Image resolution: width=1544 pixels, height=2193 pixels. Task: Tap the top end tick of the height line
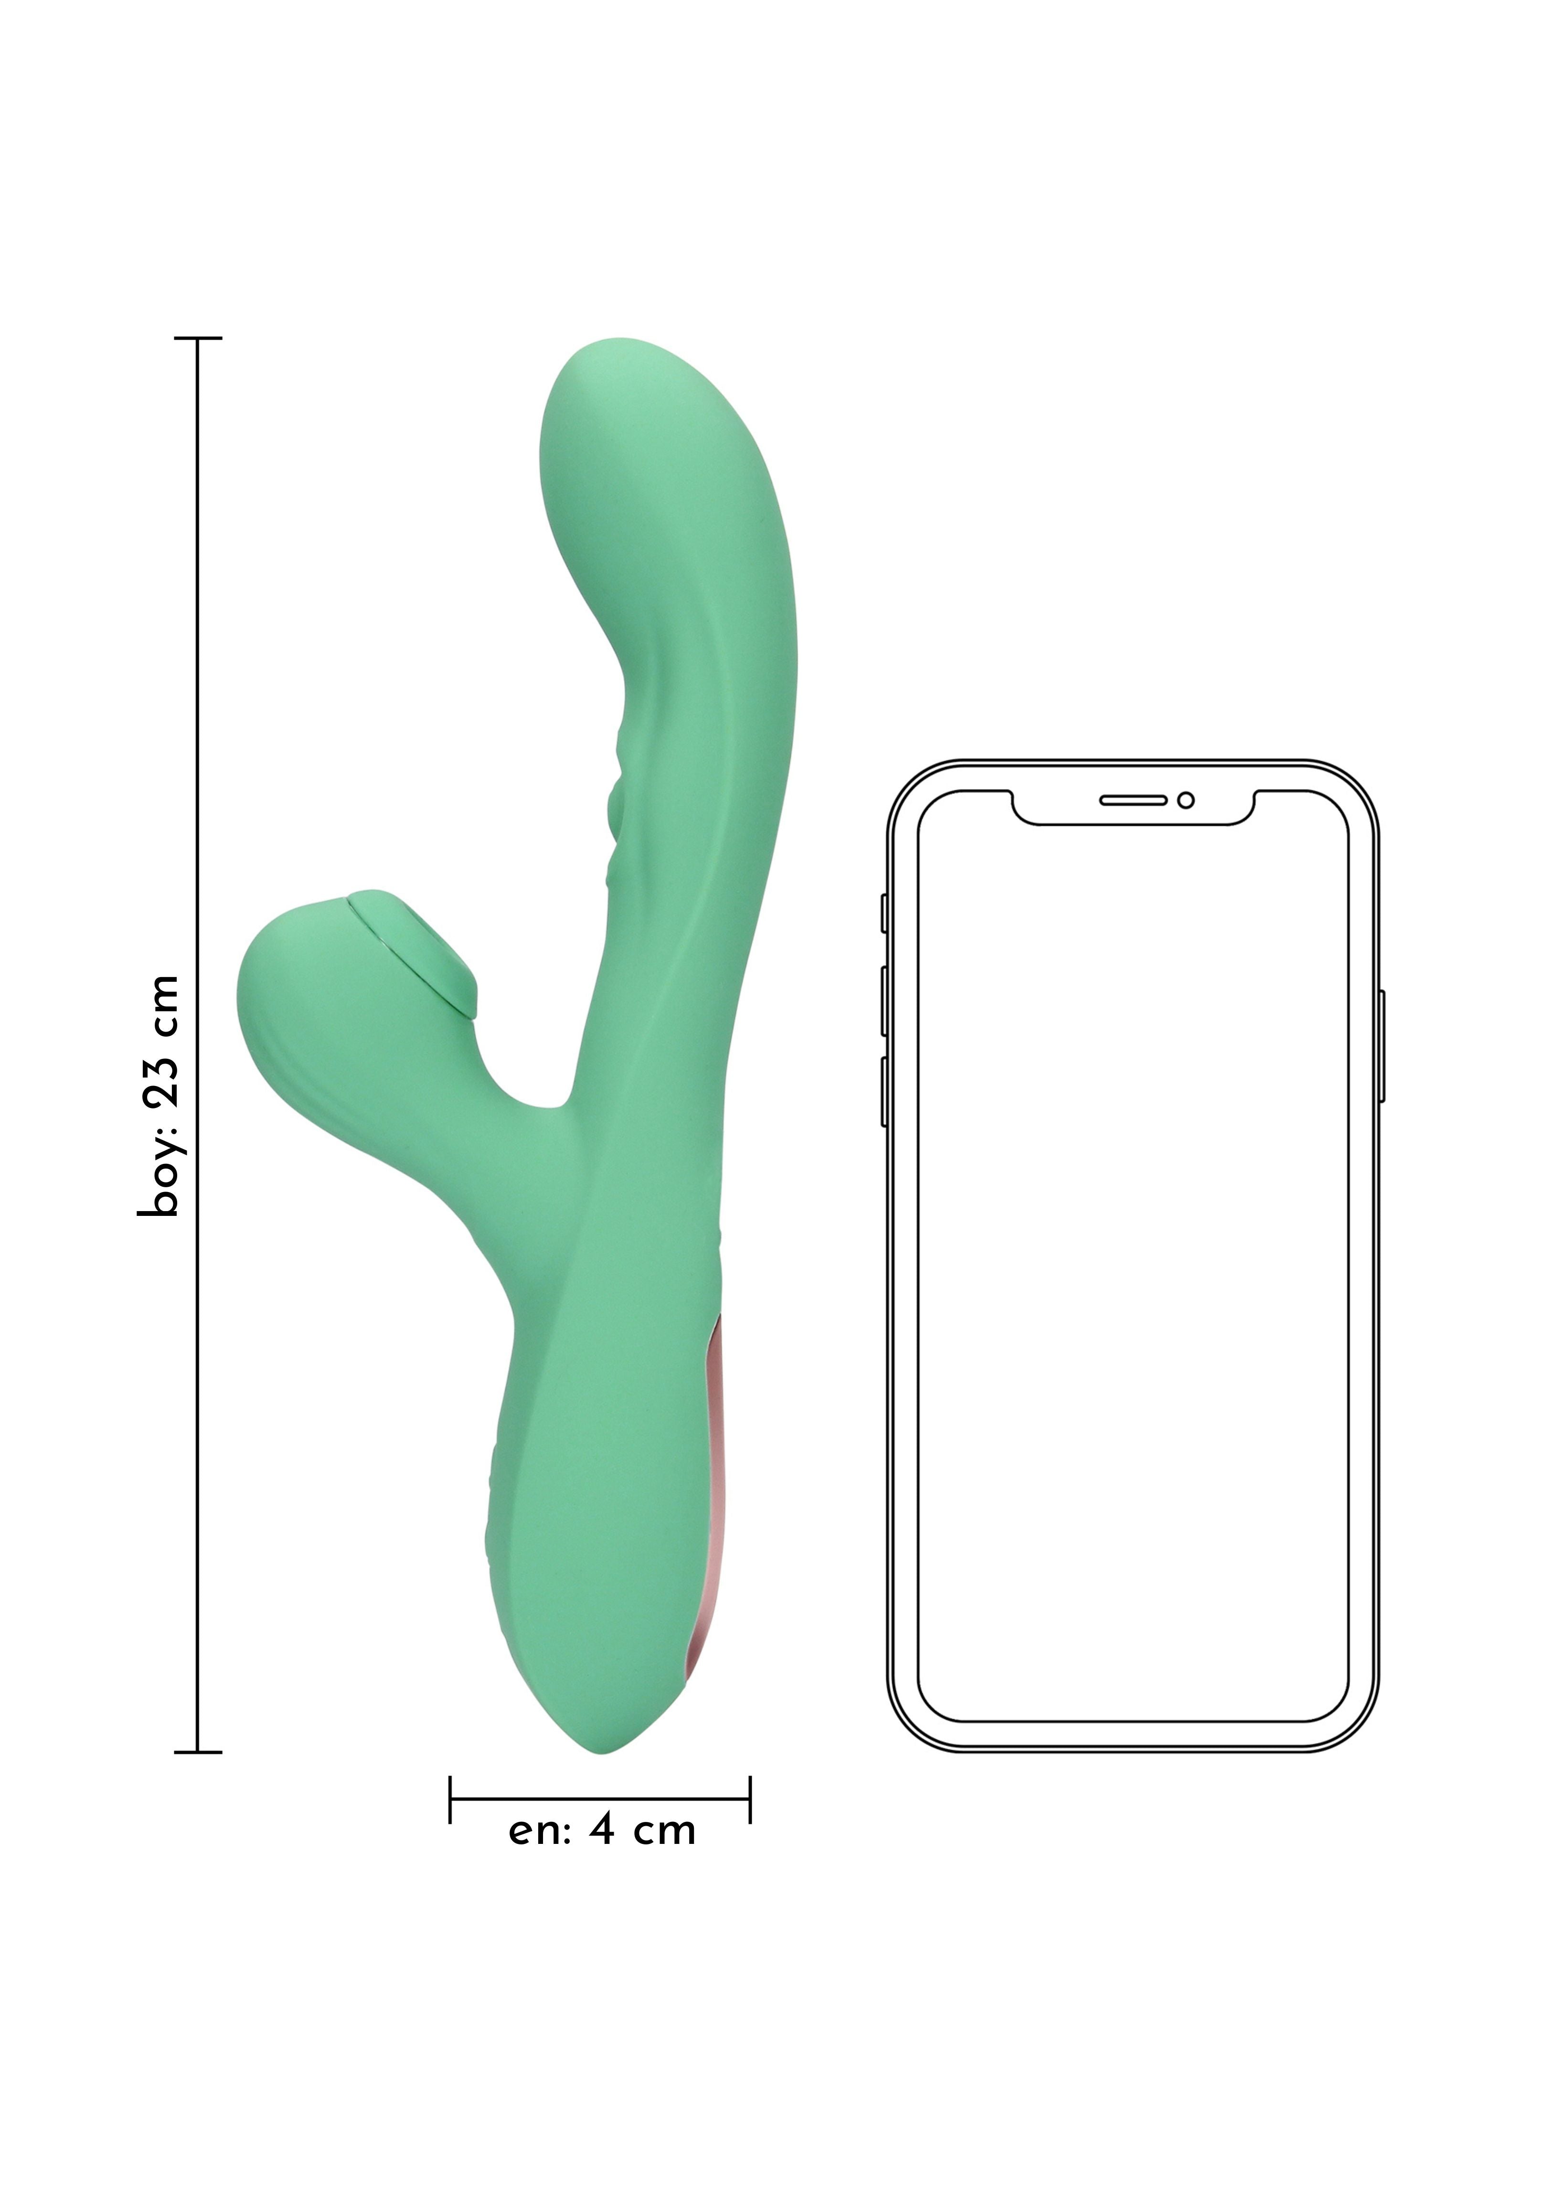(198, 338)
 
